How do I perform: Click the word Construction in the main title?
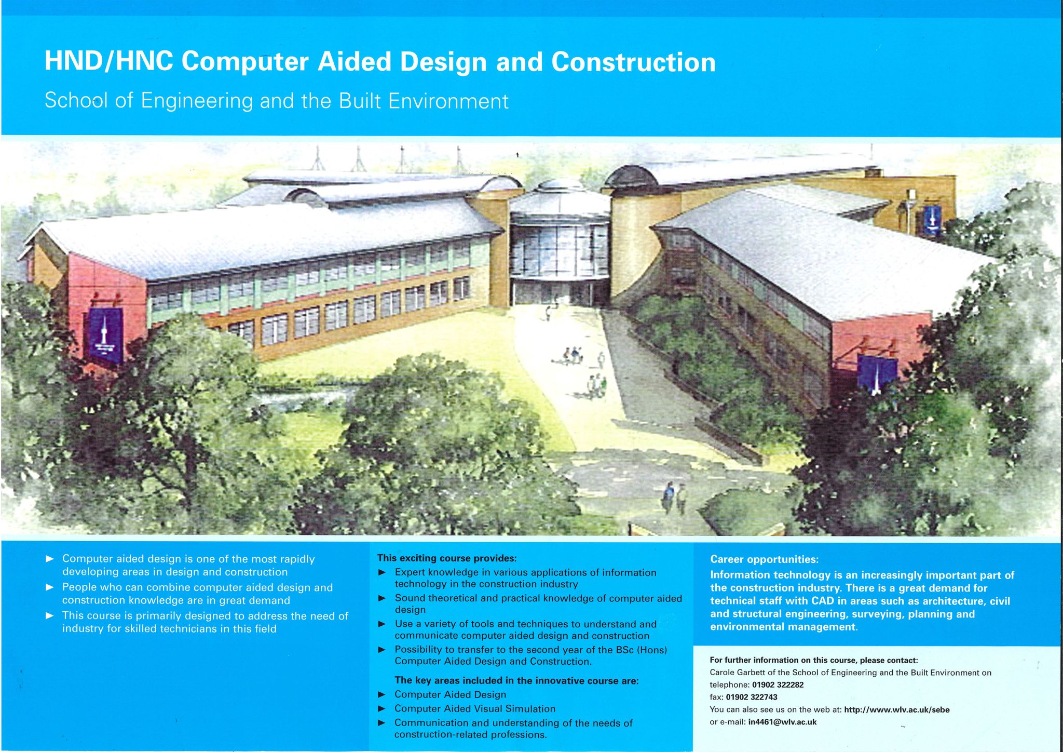[633, 62]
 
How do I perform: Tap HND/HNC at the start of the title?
[108, 62]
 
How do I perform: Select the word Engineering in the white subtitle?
[197, 101]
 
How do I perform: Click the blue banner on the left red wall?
[106, 336]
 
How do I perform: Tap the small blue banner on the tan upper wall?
[932, 220]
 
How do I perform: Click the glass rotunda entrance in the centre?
[560, 254]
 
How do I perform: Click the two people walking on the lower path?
[674, 498]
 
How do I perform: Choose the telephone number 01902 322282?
[778, 685]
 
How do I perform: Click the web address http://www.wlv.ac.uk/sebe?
[896, 710]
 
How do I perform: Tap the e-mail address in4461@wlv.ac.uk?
[782, 722]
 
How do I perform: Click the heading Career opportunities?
[764, 560]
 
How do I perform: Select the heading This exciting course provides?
[447, 559]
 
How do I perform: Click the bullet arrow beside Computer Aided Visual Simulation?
[382, 709]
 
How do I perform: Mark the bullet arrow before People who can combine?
[50, 587]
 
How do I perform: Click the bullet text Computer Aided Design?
[450, 695]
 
